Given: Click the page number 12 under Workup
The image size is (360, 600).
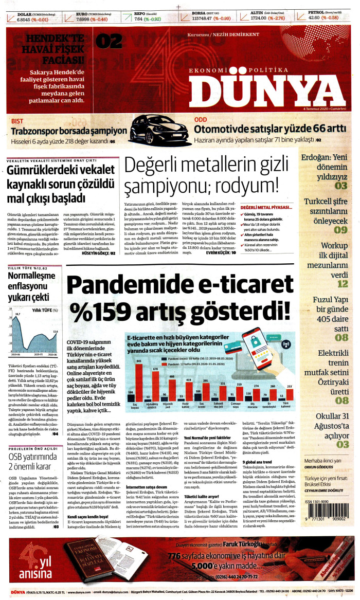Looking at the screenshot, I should [x=343, y=283].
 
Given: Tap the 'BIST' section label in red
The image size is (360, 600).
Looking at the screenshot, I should [x=17, y=121].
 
